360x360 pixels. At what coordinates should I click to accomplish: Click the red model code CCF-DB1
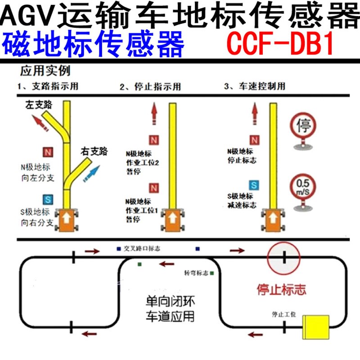click(280, 43)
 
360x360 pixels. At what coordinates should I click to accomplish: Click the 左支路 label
click(39, 105)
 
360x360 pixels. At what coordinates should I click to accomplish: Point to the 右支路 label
click(94, 152)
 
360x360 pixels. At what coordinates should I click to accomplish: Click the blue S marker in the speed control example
click(254, 185)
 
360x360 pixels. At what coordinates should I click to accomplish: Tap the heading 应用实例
click(45, 71)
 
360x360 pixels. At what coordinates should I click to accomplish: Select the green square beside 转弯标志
click(211, 273)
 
